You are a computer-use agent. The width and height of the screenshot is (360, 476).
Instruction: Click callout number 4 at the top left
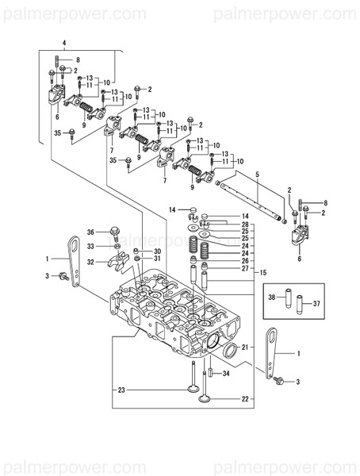pyautogui.click(x=64, y=41)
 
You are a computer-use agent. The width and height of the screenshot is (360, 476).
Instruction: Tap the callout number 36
pyautogui.click(x=91, y=232)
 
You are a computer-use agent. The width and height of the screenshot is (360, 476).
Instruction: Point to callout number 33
pyautogui.click(x=91, y=247)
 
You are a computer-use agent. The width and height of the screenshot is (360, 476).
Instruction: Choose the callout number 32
pyautogui.click(x=91, y=262)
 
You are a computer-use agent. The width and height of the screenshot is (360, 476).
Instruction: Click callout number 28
pyautogui.click(x=245, y=225)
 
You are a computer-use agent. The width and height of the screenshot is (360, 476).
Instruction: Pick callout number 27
pyautogui.click(x=245, y=268)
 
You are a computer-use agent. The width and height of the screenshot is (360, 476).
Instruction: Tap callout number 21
pyautogui.click(x=245, y=347)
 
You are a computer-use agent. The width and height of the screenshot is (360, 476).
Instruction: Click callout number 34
pyautogui.click(x=226, y=373)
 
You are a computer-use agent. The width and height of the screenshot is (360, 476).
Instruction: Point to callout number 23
pyautogui.click(x=122, y=390)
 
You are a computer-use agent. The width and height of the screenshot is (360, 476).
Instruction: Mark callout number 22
pyautogui.click(x=245, y=398)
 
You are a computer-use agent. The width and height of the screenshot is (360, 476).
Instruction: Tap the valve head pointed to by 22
pyautogui.click(x=205, y=412)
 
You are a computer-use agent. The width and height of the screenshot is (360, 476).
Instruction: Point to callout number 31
pyautogui.click(x=156, y=258)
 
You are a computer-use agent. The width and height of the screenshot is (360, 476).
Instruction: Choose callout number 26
pyautogui.click(x=245, y=260)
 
